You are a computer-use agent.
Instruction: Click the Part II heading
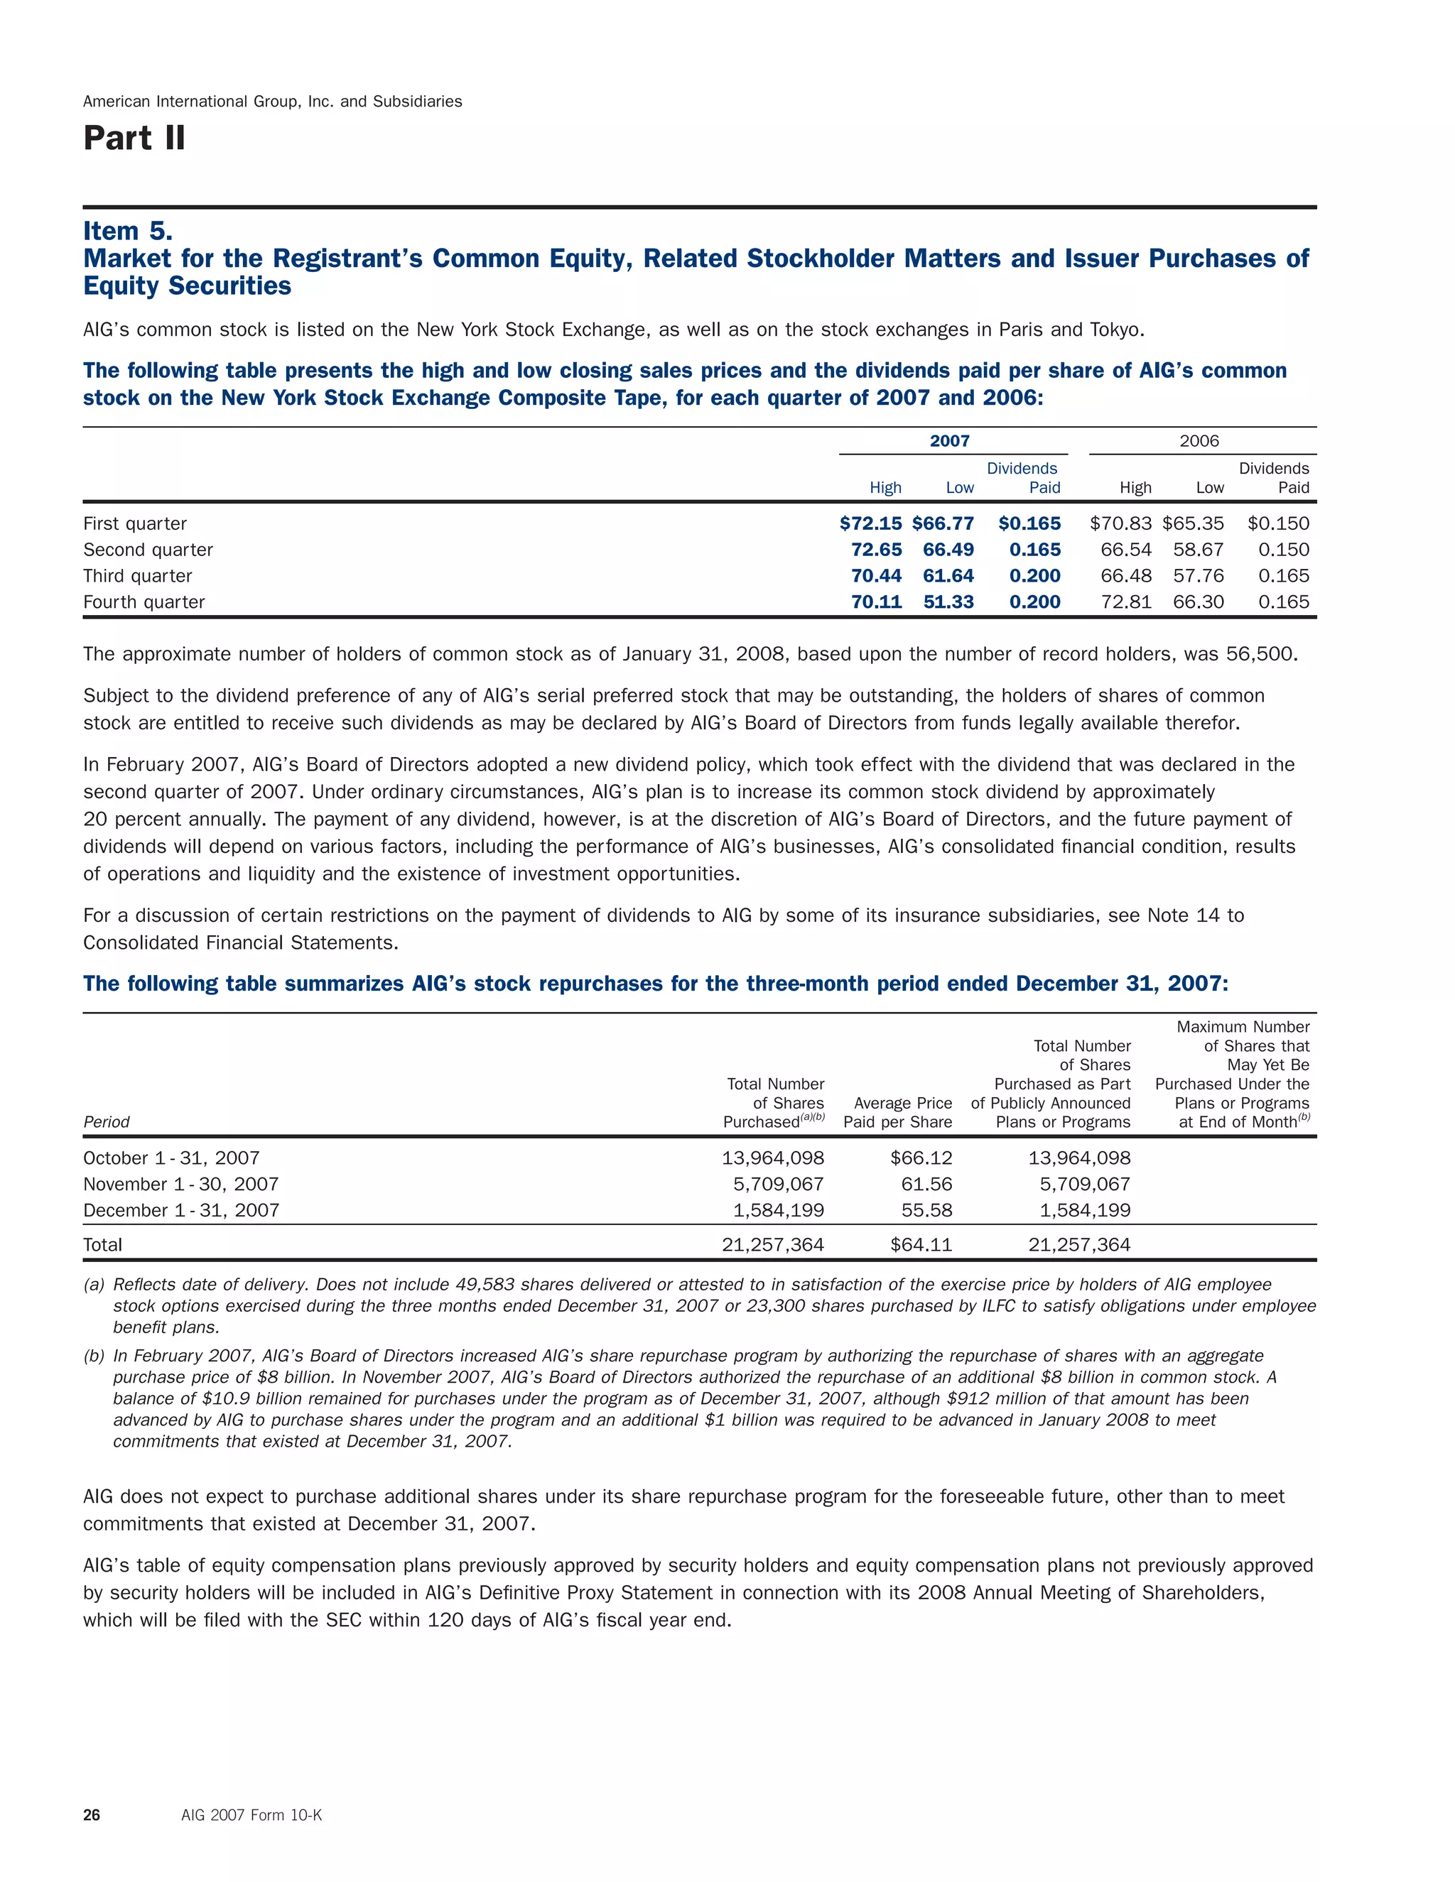134,138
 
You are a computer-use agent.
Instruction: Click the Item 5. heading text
128,231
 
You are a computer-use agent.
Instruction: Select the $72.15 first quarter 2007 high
870,523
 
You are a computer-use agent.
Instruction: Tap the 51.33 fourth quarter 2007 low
948,602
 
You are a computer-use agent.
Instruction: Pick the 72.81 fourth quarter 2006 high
1126,602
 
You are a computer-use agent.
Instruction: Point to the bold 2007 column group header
950,441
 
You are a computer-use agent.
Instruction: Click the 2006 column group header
1199,441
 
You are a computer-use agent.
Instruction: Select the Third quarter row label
137,576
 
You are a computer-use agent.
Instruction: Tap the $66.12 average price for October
921,1158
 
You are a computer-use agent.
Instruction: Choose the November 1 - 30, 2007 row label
181,1184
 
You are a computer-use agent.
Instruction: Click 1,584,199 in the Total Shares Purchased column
779,1210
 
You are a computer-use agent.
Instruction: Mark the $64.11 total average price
921,1244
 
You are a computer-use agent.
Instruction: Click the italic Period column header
106,1122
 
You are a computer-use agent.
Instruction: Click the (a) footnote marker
94,1285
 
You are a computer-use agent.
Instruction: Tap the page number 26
92,1816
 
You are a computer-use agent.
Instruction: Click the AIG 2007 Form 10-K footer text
251,1816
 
